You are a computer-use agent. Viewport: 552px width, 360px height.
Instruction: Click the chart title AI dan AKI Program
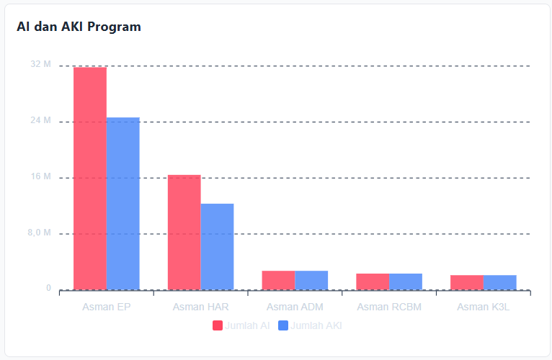[x=79, y=27]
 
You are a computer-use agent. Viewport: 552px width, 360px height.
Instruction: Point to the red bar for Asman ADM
[x=278, y=280]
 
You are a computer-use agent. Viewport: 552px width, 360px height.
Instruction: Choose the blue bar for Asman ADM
[x=311, y=280]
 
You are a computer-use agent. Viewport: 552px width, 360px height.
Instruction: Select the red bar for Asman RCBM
[x=373, y=282]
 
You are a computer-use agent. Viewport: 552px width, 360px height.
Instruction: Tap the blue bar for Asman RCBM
[x=406, y=282]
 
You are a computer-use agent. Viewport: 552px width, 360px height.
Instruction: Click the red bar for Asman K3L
[x=467, y=282]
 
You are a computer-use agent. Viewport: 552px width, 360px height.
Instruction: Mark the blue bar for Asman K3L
[x=500, y=282]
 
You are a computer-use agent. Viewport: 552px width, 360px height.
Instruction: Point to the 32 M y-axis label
[x=41, y=65]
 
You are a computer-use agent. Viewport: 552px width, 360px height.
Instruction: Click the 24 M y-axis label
[x=41, y=121]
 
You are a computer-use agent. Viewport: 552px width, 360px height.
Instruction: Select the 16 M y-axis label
[x=41, y=177]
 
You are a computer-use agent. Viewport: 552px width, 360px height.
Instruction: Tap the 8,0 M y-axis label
[x=40, y=233]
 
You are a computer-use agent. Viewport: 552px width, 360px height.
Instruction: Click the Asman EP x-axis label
[x=107, y=307]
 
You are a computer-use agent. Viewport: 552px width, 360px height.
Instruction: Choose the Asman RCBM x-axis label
[x=389, y=307]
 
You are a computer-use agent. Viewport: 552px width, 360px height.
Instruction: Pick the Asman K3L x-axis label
[x=484, y=307]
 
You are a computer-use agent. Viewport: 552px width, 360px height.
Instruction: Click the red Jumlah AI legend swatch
[x=218, y=325]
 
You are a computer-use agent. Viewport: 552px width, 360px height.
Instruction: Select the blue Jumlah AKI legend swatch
[x=283, y=325]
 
